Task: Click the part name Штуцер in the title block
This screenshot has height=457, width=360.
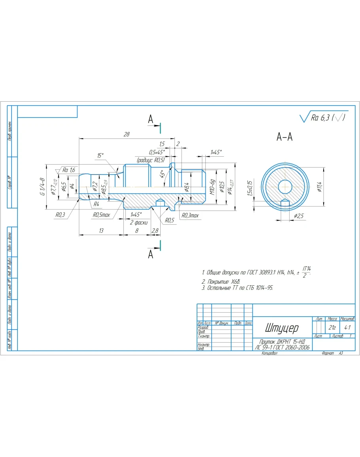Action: [282, 328]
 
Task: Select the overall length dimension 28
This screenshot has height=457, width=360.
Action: [127, 135]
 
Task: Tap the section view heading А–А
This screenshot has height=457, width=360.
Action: [284, 137]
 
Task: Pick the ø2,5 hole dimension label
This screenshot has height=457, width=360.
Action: [299, 216]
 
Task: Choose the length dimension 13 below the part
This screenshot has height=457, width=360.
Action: [101, 230]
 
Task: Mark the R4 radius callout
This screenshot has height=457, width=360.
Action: [96, 204]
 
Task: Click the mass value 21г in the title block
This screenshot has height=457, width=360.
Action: [332, 328]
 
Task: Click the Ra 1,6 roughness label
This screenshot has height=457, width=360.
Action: [68, 170]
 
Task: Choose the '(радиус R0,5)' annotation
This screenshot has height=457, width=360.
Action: [151, 160]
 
